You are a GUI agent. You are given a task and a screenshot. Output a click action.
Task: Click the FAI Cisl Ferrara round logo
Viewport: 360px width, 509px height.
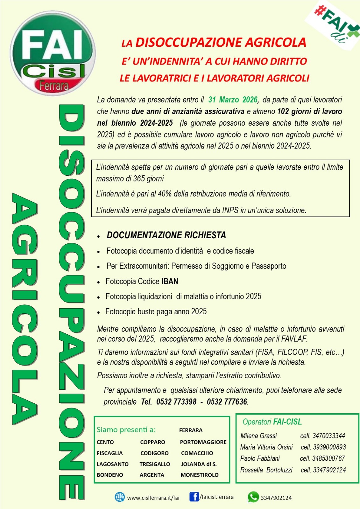click(x=53, y=53)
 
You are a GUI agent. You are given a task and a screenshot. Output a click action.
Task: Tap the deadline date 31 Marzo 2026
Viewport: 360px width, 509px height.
click(x=233, y=100)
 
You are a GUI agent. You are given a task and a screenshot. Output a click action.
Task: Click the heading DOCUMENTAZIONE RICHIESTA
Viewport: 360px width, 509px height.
click(x=166, y=235)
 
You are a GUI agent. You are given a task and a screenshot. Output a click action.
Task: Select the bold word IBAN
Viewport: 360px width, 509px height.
click(x=170, y=281)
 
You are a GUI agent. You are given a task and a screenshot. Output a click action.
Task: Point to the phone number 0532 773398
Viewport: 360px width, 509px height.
click(x=176, y=402)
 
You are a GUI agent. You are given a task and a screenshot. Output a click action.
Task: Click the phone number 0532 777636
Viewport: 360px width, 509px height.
click(x=227, y=402)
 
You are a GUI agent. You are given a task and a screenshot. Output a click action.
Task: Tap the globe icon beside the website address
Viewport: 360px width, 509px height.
click(x=120, y=497)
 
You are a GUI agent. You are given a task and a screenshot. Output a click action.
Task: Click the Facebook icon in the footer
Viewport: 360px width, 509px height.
click(x=194, y=497)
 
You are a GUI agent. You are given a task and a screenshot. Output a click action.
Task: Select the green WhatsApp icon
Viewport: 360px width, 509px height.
click(x=253, y=497)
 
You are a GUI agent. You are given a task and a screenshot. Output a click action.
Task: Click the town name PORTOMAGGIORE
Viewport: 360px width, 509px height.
click(x=203, y=442)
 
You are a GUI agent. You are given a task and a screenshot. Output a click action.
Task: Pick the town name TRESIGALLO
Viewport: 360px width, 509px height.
click(x=155, y=464)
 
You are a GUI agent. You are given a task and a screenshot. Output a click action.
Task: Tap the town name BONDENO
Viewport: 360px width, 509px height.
click(x=110, y=475)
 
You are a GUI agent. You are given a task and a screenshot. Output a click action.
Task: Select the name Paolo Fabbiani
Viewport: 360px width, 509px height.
click(x=260, y=458)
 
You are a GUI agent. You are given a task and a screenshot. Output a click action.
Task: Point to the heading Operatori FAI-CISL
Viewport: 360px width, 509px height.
click(x=272, y=422)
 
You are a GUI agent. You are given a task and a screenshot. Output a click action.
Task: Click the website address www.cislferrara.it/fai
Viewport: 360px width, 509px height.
click(x=153, y=498)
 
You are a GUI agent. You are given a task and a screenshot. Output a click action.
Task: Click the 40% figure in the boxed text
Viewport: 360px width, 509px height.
click(x=165, y=194)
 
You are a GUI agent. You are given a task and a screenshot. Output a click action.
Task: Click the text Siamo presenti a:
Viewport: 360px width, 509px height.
click(x=126, y=430)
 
